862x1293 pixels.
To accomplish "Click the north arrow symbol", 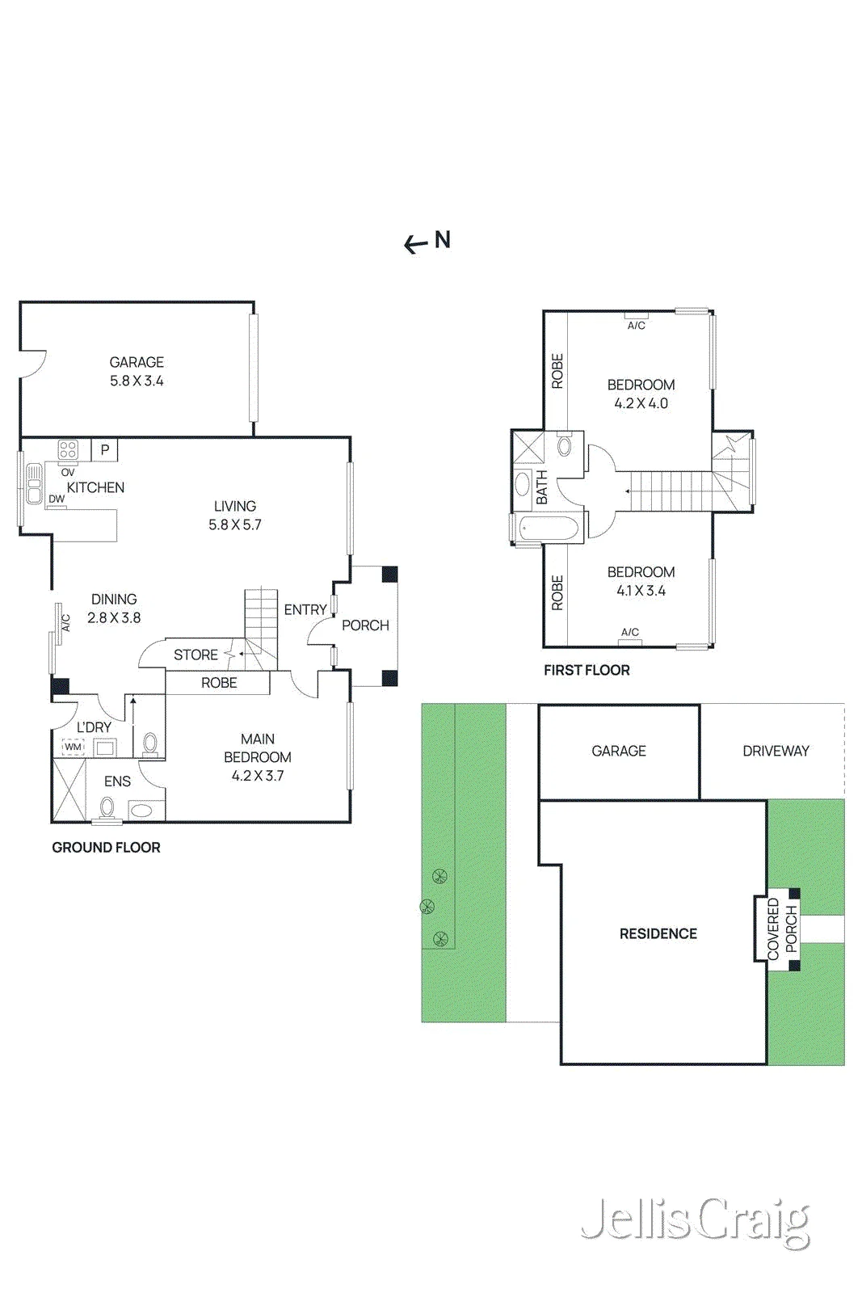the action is pyautogui.click(x=427, y=242).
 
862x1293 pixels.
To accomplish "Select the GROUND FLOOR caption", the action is pyautogui.click(x=106, y=848).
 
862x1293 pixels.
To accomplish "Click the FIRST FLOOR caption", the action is pyautogui.click(x=587, y=670).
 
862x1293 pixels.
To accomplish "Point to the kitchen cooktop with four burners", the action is pyautogui.click(x=68, y=449).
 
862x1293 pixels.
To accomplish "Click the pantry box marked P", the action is pyautogui.click(x=105, y=450).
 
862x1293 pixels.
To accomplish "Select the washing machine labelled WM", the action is pyautogui.click(x=73, y=748).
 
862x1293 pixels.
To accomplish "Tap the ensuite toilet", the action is pyautogui.click(x=107, y=807).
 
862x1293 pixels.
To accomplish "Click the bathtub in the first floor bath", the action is pyautogui.click(x=549, y=529).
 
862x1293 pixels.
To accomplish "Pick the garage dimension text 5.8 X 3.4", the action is pyautogui.click(x=137, y=381).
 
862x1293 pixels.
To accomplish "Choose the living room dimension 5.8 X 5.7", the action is pyautogui.click(x=235, y=524).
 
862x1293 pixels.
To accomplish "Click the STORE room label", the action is pyautogui.click(x=196, y=655).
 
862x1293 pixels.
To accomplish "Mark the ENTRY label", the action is pyautogui.click(x=305, y=609).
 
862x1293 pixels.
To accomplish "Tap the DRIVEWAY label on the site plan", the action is pyautogui.click(x=776, y=751).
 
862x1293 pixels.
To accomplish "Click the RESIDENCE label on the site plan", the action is pyautogui.click(x=658, y=934).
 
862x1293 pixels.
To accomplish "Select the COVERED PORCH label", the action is pyautogui.click(x=782, y=929).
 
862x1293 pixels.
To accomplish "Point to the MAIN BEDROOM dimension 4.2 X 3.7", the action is pyautogui.click(x=258, y=776).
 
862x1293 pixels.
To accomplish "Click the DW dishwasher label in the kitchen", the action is pyautogui.click(x=57, y=499).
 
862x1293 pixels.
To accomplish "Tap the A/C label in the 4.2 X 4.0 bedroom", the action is pyautogui.click(x=637, y=326).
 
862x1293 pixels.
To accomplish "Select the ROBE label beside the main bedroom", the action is pyautogui.click(x=219, y=683).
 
